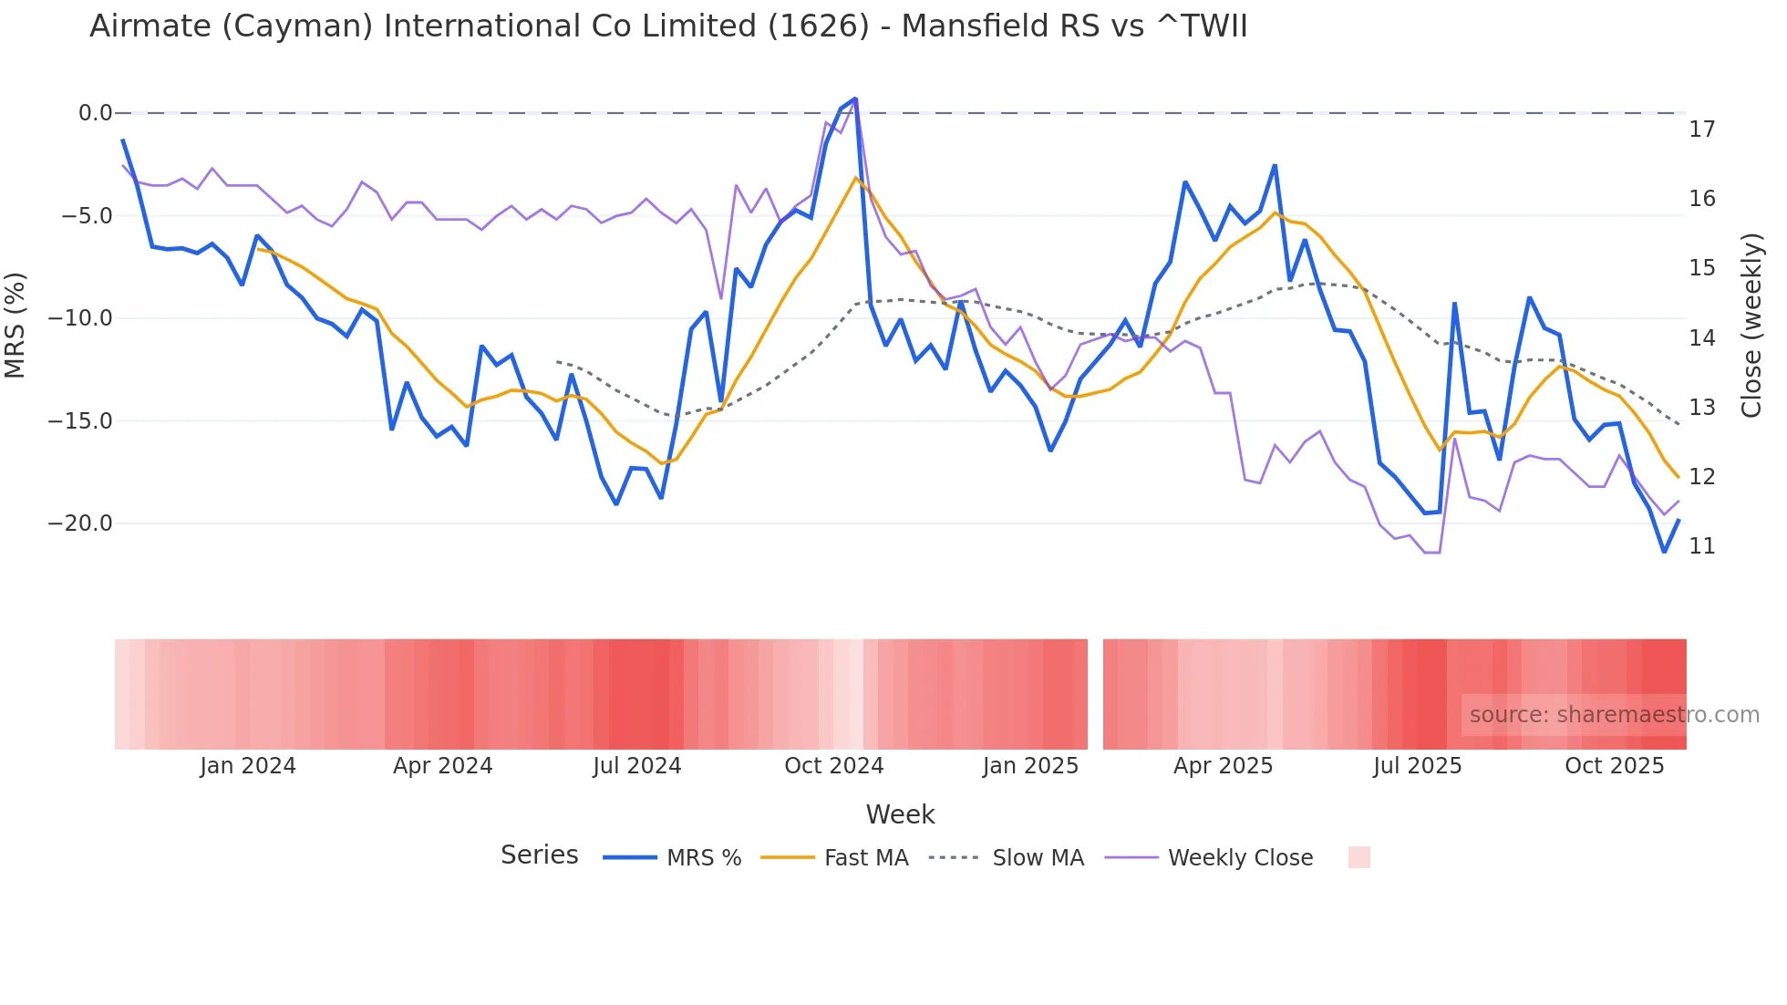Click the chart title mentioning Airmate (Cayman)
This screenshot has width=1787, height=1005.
point(668,26)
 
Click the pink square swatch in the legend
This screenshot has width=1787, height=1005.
point(1358,857)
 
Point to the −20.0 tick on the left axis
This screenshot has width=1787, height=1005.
point(79,523)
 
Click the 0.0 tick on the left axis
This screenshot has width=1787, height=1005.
point(95,113)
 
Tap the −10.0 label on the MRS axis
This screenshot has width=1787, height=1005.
point(79,318)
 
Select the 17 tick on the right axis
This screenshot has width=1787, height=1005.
point(1701,130)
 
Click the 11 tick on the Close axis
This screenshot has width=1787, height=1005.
point(1701,546)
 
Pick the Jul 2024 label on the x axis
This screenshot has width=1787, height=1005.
point(637,766)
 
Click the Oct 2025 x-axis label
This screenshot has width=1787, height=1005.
point(1614,766)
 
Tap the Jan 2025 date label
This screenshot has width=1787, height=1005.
point(1030,766)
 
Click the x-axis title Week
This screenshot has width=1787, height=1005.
point(900,814)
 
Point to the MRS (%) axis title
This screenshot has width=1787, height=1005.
point(15,325)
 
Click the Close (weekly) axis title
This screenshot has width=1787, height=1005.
point(1751,325)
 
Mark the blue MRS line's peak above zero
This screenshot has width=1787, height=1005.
point(855,98)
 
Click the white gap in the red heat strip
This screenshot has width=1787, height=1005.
point(1095,694)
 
